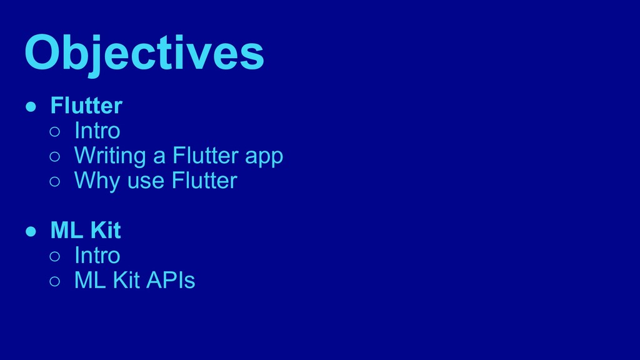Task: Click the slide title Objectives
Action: [144, 53]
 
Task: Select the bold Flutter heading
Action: [86, 106]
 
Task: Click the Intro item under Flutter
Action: [97, 131]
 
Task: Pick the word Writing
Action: [110, 156]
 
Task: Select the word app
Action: [264, 157]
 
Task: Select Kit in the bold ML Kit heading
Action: [105, 231]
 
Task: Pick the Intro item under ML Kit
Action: [97, 256]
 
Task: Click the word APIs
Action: [171, 281]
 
